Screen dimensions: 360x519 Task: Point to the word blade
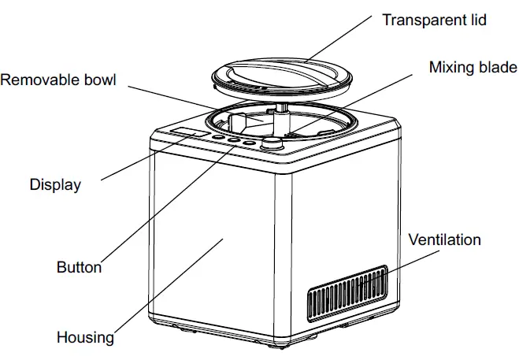tap(497, 67)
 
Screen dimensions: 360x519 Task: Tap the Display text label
tap(55, 185)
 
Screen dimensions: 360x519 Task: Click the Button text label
tap(79, 267)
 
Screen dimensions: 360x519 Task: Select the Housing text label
tap(84, 338)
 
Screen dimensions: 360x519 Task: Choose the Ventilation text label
tap(444, 239)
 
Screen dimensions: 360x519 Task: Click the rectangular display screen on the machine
tap(192, 133)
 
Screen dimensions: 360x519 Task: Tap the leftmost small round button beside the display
tap(221, 139)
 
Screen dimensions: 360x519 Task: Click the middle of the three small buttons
tap(235, 142)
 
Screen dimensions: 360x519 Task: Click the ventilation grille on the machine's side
tap(347, 295)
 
